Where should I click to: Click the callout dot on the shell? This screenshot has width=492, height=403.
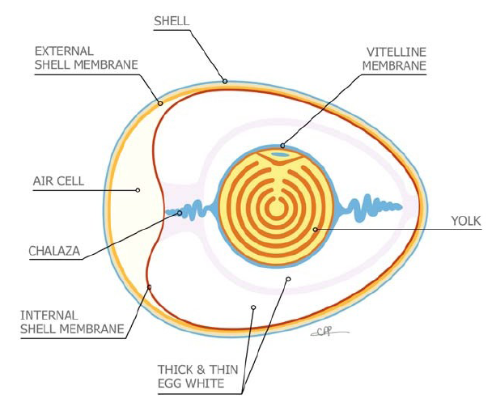(x=225, y=81)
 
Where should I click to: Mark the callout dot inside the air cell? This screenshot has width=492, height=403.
(x=138, y=191)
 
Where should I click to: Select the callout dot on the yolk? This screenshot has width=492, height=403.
(x=316, y=230)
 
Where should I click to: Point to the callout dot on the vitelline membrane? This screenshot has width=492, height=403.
(x=282, y=146)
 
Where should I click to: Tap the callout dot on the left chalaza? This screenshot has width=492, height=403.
(x=180, y=213)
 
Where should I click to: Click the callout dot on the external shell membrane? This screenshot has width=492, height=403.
(x=160, y=103)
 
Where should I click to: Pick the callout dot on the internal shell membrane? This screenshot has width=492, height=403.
(x=150, y=286)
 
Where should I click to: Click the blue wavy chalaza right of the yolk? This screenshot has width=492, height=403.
(x=367, y=208)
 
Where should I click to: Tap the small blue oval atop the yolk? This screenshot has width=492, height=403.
(x=278, y=154)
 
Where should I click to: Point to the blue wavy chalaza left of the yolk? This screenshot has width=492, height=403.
(x=197, y=212)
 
